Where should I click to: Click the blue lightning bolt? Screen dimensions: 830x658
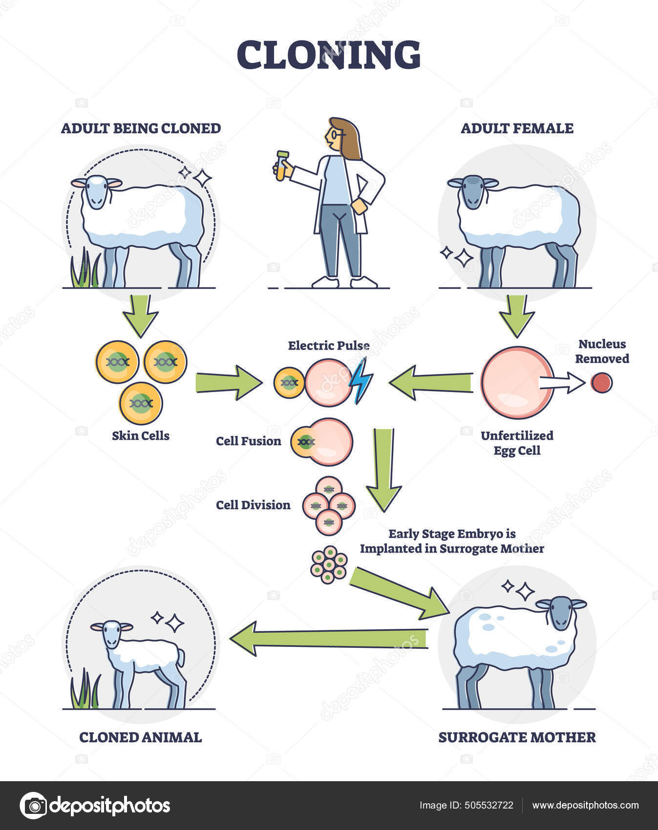pyautogui.click(x=361, y=381)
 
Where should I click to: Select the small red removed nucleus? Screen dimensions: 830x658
pyautogui.click(x=601, y=383)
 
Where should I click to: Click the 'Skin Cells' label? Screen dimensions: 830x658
pyautogui.click(x=141, y=436)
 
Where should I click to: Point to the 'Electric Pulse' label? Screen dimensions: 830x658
pyautogui.click(x=328, y=346)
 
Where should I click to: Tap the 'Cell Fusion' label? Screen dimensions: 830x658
pyautogui.click(x=249, y=441)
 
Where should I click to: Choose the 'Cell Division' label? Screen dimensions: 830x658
pyautogui.click(x=253, y=505)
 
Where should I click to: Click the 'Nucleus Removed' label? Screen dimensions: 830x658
pyautogui.click(x=602, y=352)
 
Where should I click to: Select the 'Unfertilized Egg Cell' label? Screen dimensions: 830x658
pyautogui.click(x=517, y=442)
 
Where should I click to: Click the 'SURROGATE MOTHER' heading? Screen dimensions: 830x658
pyautogui.click(x=517, y=737)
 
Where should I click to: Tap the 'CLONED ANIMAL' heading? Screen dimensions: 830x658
pyautogui.click(x=141, y=737)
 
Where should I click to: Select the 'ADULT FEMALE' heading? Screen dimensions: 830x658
pyautogui.click(x=517, y=128)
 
